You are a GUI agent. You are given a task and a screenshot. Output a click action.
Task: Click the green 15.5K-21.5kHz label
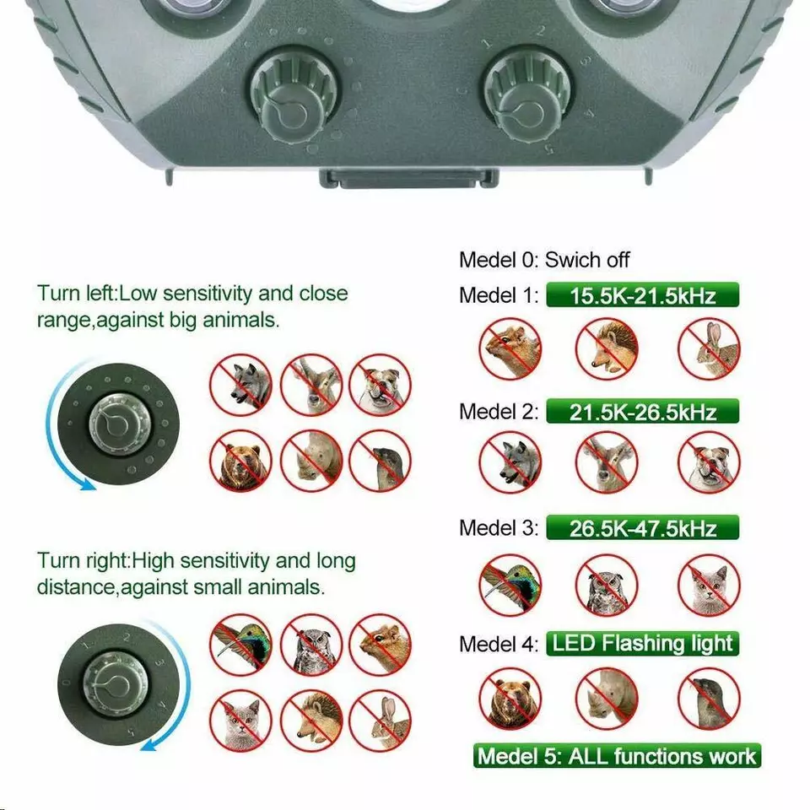pyautogui.click(x=642, y=295)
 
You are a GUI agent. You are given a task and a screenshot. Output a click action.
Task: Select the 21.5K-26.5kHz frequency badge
pyautogui.click(x=642, y=412)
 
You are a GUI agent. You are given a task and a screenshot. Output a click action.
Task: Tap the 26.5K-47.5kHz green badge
pyautogui.click(x=642, y=528)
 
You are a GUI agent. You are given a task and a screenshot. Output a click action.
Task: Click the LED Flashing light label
pyautogui.click(x=642, y=644)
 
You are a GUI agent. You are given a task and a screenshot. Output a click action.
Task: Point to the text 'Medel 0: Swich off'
pyautogui.click(x=544, y=259)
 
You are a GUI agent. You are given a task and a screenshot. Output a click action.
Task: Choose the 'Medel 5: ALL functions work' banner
pyautogui.click(x=617, y=756)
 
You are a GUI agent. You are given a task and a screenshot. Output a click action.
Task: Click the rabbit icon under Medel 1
pyautogui.click(x=709, y=348)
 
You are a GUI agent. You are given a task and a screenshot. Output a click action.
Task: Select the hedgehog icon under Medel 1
pyautogui.click(x=607, y=348)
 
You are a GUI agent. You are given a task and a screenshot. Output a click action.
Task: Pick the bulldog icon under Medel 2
pyautogui.click(x=709, y=462)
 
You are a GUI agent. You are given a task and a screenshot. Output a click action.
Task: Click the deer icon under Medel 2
pyautogui.click(x=607, y=462)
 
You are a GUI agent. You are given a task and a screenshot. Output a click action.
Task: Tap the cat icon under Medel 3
pyautogui.click(x=709, y=586)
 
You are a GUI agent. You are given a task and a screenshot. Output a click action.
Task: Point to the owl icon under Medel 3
pyautogui.click(x=607, y=586)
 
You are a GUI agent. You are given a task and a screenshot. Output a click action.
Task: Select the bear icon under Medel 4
pyautogui.click(x=510, y=699)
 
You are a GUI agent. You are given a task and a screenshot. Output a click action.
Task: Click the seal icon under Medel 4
pyautogui.click(x=709, y=699)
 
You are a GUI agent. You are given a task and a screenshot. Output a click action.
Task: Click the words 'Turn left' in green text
pyautogui.click(x=77, y=294)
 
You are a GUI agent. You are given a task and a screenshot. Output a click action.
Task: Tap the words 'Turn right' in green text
pyautogui.click(x=84, y=560)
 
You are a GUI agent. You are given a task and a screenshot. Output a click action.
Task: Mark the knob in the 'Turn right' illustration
pyautogui.click(x=116, y=684)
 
